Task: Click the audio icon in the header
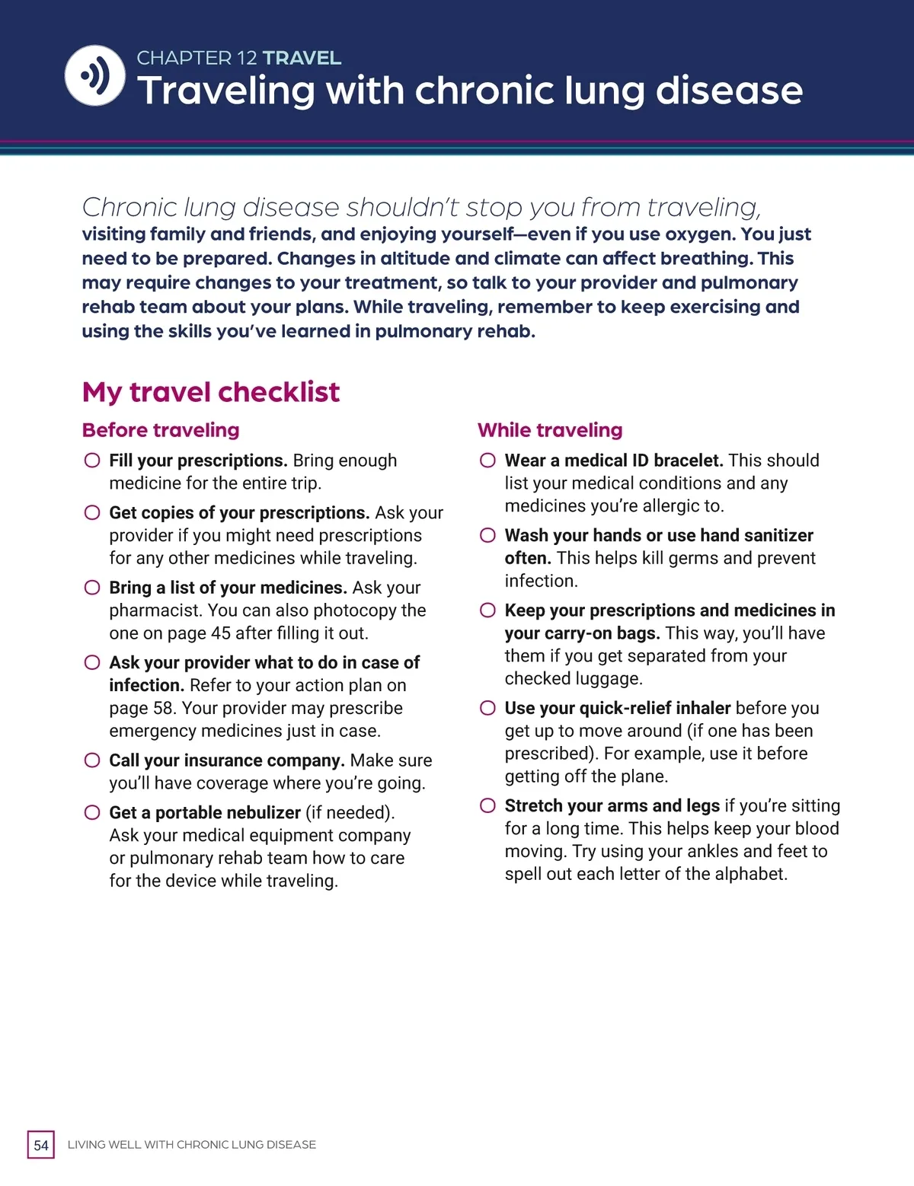(95, 75)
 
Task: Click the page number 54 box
(41, 1145)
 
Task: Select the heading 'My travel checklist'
(211, 392)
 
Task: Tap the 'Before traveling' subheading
(161, 430)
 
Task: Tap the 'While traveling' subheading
(550, 430)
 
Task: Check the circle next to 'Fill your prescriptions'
(92, 461)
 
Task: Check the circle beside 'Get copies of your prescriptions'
(92, 512)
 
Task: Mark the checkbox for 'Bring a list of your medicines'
(92, 588)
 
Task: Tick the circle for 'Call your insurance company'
(92, 760)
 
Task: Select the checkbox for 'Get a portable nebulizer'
(92, 812)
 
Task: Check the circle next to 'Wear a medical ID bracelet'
(487, 461)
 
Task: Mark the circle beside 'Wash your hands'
(487, 535)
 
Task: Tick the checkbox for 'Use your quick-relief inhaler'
(487, 708)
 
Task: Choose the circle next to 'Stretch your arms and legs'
(487, 805)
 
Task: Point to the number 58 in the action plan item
(164, 708)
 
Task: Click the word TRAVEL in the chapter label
(302, 58)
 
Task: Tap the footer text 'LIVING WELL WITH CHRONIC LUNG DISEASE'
(192, 1145)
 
